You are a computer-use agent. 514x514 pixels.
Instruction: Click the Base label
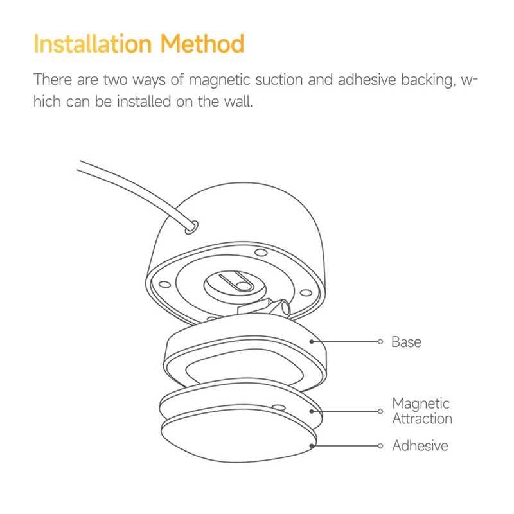pyautogui.click(x=406, y=342)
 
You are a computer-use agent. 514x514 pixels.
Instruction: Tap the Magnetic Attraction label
pyautogui.click(x=421, y=411)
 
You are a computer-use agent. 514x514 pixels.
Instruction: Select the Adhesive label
pyautogui.click(x=420, y=445)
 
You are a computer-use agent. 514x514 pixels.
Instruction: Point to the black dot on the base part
pyautogui.click(x=312, y=342)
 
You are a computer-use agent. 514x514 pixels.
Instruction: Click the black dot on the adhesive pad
pyautogui.click(x=312, y=445)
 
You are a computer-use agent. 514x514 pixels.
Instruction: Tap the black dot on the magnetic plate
pyautogui.click(x=312, y=411)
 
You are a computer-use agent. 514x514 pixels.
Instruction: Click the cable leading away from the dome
pyautogui.click(x=128, y=186)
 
